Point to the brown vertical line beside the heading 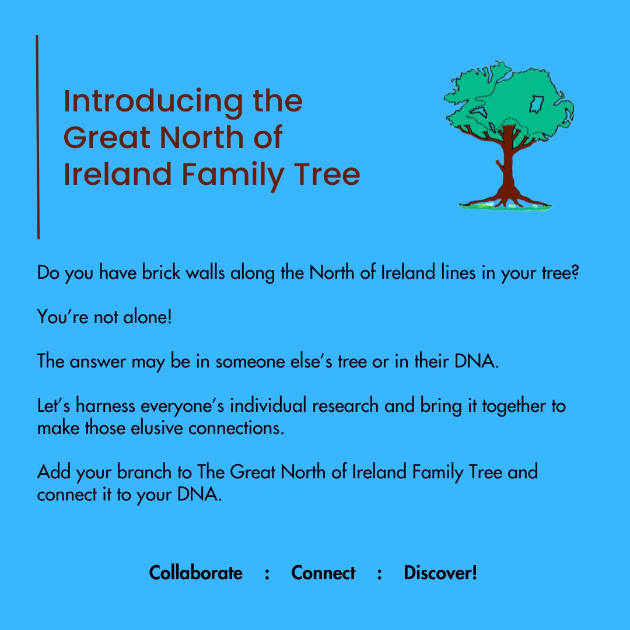coord(38,137)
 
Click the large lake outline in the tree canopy coord(536,104)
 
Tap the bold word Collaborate coord(196,573)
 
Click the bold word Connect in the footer coord(323,573)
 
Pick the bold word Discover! coord(440,573)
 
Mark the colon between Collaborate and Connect coord(267,574)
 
